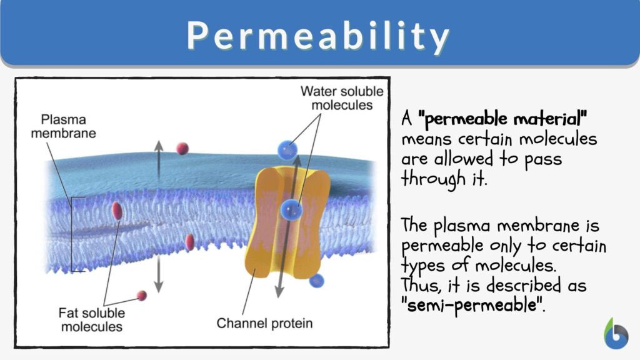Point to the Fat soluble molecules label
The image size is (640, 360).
click(91, 319)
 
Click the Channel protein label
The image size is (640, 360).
click(264, 324)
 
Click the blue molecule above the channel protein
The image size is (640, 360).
click(287, 150)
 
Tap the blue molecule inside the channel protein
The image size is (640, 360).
click(291, 209)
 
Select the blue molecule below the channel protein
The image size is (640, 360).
click(317, 281)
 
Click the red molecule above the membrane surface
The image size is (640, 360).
click(182, 148)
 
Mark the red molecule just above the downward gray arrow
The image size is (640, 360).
click(190, 242)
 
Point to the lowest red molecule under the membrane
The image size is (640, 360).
click(142, 295)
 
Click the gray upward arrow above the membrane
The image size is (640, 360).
click(159, 159)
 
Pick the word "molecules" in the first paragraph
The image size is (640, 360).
click(552, 139)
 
